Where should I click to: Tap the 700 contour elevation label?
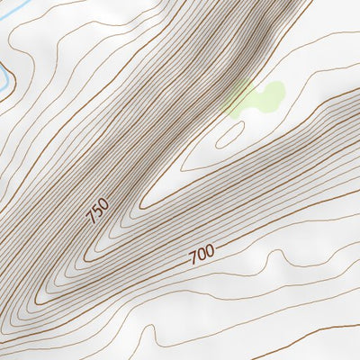[x=202, y=255]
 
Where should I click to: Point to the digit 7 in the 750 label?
[x=91, y=219]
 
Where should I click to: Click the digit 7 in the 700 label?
[x=193, y=258]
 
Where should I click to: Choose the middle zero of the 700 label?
[x=202, y=255]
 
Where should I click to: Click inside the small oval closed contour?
[x=230, y=133]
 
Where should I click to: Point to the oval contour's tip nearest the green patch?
[x=242, y=124]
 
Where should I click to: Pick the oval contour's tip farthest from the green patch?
[x=218, y=142]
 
